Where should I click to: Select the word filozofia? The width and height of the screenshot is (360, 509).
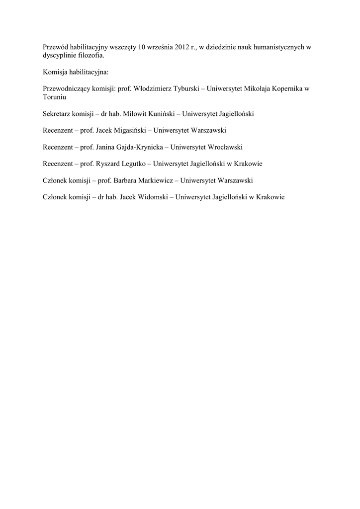click(x=92, y=56)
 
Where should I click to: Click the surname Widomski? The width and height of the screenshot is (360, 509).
click(x=152, y=197)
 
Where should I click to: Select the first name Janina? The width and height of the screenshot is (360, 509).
click(x=106, y=147)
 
